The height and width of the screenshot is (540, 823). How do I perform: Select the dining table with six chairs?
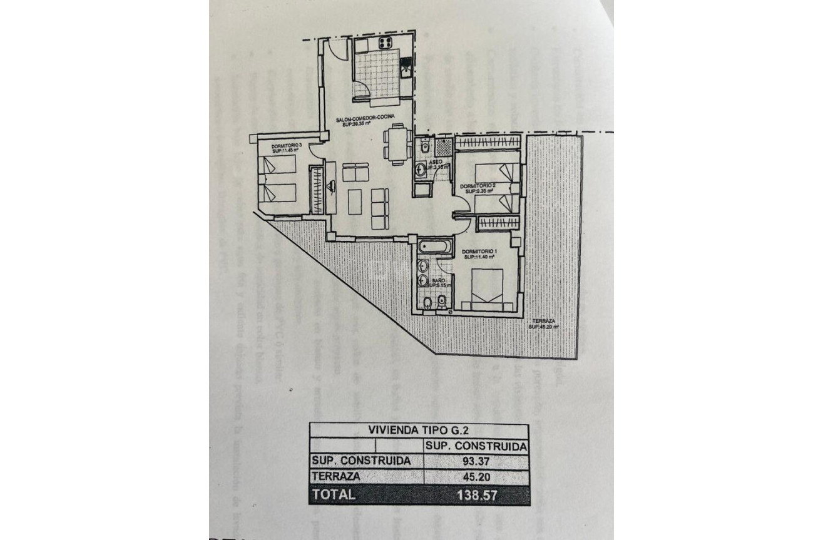tap(397, 144)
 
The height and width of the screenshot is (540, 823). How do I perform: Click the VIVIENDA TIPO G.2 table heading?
tap(418, 430)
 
